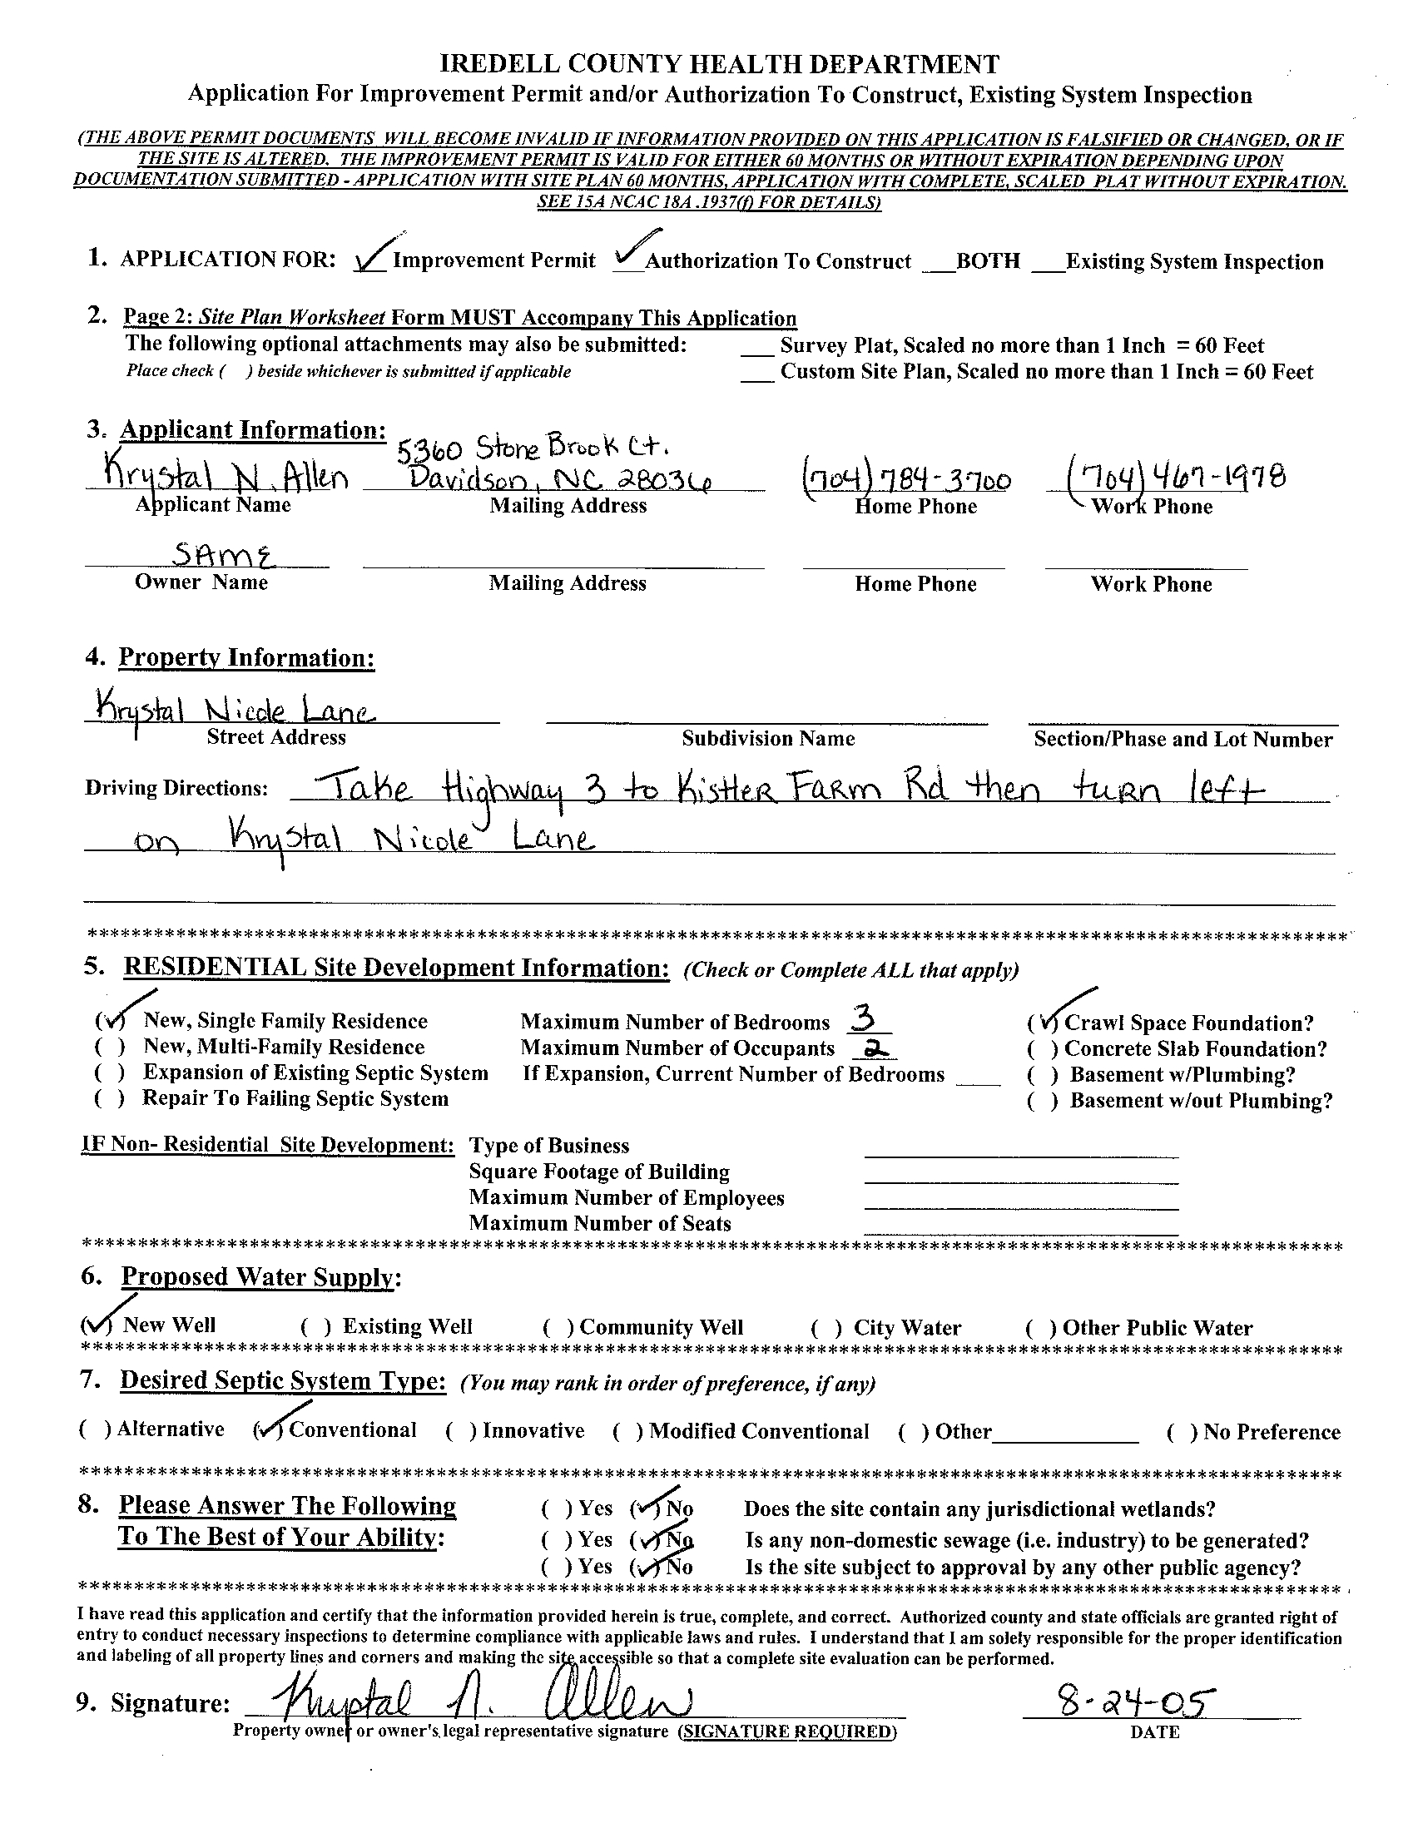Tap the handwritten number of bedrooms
pyautogui.click(x=861, y=1019)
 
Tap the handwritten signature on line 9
pyautogui.click(x=472, y=1701)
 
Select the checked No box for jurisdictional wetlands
pyautogui.click(x=645, y=1508)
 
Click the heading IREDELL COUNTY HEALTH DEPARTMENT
pyautogui.click(x=719, y=64)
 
